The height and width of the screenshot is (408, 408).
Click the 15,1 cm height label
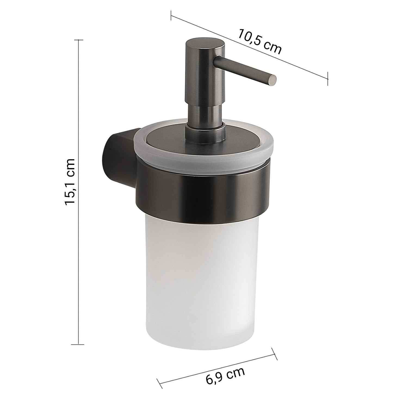click(x=69, y=181)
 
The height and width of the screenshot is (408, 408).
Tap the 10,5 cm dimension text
click(x=260, y=45)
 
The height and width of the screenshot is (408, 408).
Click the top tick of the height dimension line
click(x=79, y=40)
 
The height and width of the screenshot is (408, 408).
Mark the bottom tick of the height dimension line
click(x=79, y=344)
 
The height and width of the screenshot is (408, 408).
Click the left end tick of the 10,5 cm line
click(x=171, y=15)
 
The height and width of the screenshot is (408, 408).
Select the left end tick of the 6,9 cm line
click(x=160, y=384)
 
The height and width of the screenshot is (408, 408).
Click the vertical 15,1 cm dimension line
click(x=79, y=245)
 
